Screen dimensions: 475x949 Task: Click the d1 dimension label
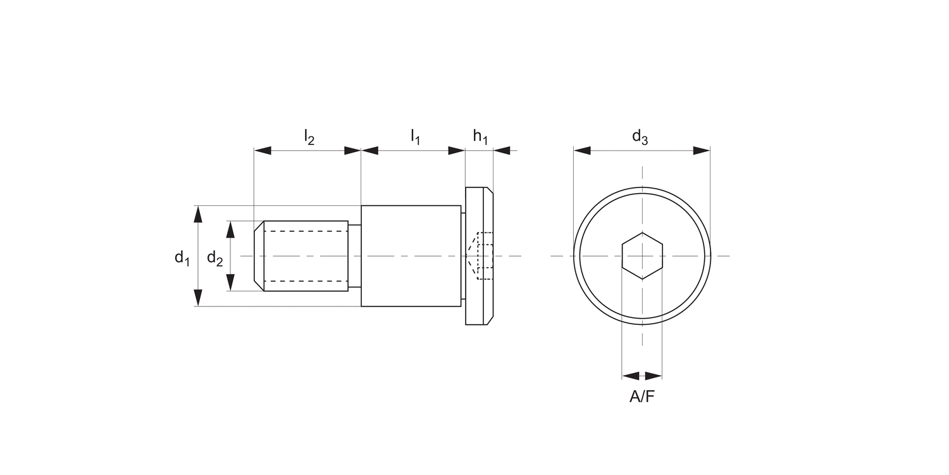coord(182,258)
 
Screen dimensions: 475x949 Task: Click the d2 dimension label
coord(215,258)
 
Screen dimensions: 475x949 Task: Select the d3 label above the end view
coord(640,136)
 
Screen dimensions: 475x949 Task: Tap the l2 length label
coord(309,136)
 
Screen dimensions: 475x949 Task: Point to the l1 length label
coord(415,136)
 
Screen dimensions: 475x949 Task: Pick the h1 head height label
coord(480,136)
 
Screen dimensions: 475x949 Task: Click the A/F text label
coord(642,397)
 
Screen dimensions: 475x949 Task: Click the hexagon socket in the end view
coord(642,256)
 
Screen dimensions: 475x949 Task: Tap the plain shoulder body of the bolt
coord(411,256)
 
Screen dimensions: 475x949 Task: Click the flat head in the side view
coord(479,209)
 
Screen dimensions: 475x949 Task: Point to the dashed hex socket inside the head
coord(481,256)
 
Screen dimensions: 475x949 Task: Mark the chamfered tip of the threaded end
coord(259,256)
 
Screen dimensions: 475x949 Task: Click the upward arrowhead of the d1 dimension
coord(199,214)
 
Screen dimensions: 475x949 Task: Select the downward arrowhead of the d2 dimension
coord(230,282)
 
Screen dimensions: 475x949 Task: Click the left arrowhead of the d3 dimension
coord(582,151)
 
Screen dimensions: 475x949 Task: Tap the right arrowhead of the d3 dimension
coord(701,151)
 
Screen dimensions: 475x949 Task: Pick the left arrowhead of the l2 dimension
coord(263,151)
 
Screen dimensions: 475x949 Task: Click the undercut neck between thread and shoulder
coord(354,256)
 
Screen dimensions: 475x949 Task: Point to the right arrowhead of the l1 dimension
coord(456,151)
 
